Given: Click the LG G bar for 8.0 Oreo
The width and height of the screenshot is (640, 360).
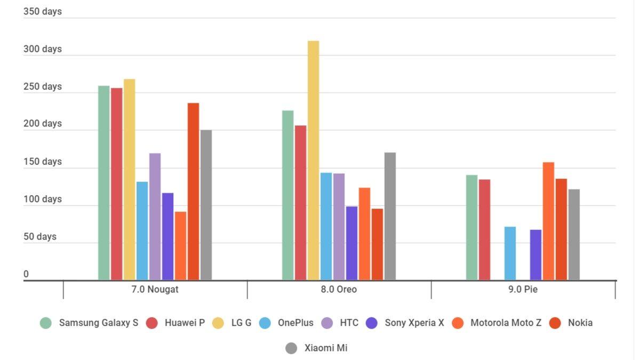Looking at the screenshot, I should pos(313,160).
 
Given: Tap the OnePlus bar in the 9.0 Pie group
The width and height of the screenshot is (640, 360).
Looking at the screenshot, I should pos(510,253).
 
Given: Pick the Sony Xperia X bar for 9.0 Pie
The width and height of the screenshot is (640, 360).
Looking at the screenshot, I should pos(535,254).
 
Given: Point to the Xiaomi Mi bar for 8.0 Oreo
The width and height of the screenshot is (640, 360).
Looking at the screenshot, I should pos(390,216).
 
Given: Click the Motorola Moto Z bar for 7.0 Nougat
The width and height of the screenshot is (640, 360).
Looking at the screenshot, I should pos(180,245).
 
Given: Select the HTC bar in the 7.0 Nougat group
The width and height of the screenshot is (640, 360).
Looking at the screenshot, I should pos(155,216).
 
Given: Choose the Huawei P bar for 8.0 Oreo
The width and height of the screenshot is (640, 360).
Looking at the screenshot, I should pos(300,203).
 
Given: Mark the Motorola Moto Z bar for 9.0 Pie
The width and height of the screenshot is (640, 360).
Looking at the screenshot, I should pos(548,221).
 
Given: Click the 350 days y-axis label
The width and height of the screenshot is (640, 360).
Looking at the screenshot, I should pos(43,11).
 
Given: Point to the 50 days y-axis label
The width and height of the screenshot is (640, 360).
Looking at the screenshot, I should pos(40,237).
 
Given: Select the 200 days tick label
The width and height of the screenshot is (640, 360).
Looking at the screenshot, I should pos(43,124).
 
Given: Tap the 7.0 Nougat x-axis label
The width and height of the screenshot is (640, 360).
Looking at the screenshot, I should pos(155,290).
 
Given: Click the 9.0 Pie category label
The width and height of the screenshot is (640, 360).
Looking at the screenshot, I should pos(523,290).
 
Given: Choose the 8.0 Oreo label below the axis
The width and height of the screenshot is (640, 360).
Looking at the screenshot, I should pos(339,290).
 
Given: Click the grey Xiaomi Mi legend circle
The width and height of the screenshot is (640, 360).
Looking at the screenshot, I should pos(291,349).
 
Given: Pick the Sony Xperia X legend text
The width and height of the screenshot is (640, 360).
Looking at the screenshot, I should pos(414,323).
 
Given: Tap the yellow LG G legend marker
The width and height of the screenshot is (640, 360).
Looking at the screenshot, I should pos(219,323).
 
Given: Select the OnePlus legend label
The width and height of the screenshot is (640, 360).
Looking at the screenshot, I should pos(295,323).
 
